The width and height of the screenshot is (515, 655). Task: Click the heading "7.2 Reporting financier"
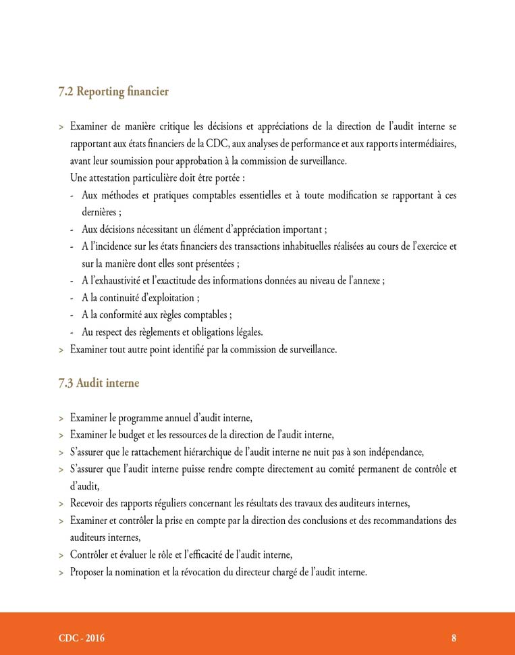click(x=113, y=91)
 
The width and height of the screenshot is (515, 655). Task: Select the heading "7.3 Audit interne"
click(x=99, y=383)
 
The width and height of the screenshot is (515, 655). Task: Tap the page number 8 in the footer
click(x=454, y=637)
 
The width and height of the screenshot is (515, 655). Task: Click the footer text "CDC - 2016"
click(x=82, y=637)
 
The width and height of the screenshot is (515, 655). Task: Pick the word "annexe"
click(x=368, y=280)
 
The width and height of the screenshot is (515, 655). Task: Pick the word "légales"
click(x=248, y=332)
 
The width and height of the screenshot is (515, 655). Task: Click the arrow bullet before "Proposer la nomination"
click(x=61, y=573)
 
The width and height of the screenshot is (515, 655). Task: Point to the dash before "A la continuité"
click(x=73, y=297)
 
